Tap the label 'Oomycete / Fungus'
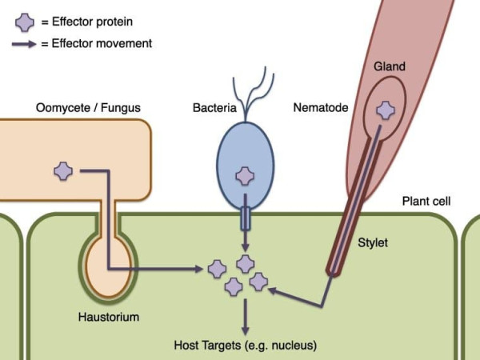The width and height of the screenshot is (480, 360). [80, 107]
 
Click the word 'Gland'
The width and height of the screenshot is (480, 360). [389, 68]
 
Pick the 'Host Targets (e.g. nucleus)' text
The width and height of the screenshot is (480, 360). [246, 346]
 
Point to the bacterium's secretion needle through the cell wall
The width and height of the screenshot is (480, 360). [246, 217]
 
